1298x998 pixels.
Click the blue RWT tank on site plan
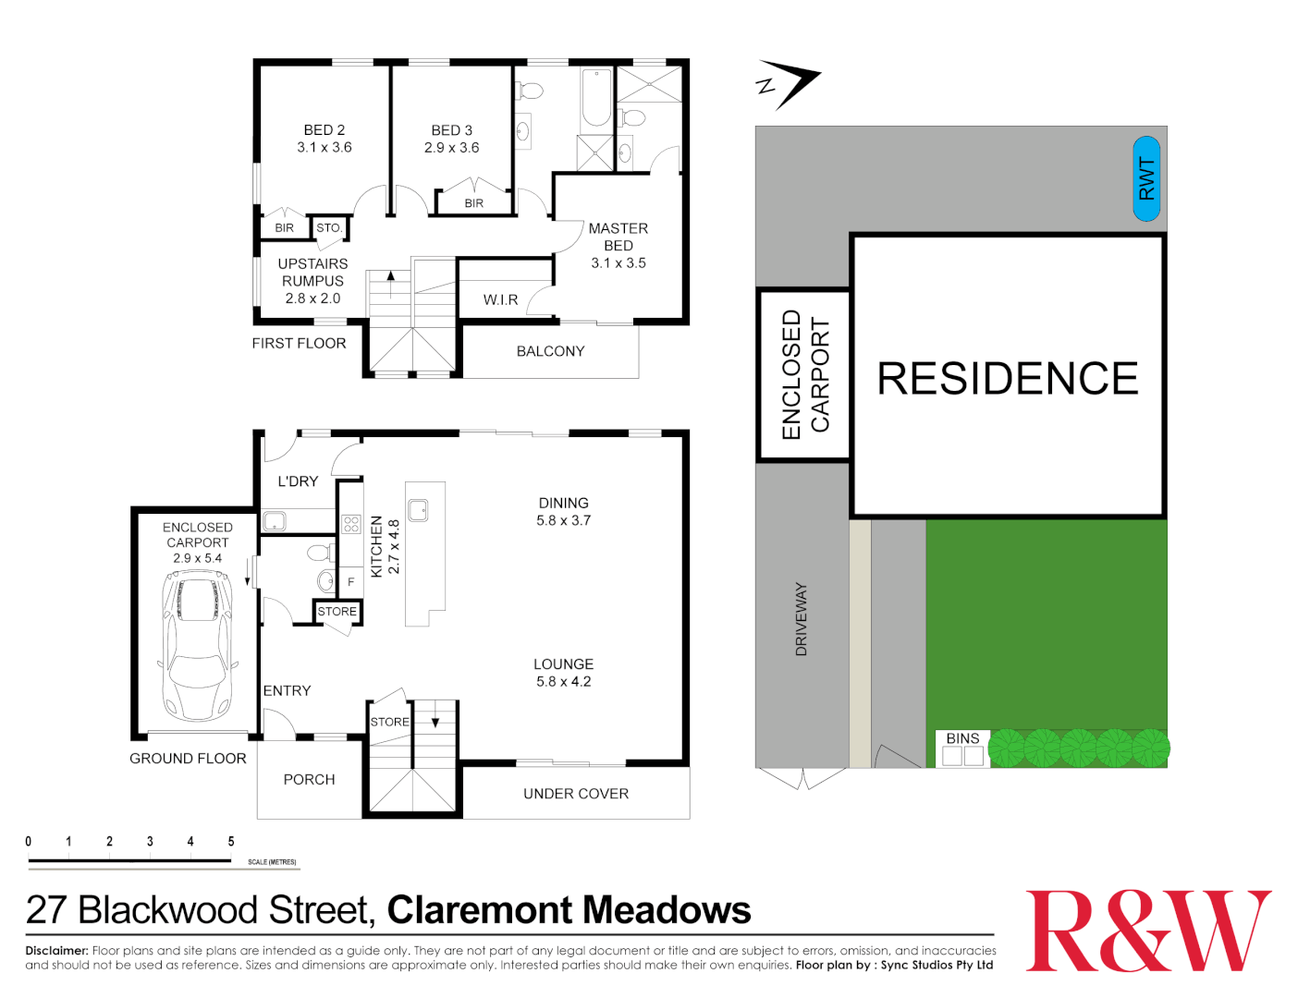[1146, 178]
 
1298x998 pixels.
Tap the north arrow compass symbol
[789, 84]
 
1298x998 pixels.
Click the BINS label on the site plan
[962, 738]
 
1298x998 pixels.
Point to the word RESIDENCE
[1007, 379]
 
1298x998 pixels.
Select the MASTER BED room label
[618, 245]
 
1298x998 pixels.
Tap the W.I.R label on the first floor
[500, 299]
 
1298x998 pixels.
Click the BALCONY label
[550, 351]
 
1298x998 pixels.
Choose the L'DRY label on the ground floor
[298, 481]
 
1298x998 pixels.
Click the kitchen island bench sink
[418, 509]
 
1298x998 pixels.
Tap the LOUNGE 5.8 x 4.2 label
[563, 673]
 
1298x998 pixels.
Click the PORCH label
[309, 780]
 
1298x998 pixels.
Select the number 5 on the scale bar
[231, 841]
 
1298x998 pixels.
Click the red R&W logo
[1147, 931]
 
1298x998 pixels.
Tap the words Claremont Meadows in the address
[569, 910]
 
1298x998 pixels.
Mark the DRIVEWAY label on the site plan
[802, 619]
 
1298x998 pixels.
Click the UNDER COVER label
[575, 794]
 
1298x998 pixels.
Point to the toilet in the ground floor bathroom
[319, 554]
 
